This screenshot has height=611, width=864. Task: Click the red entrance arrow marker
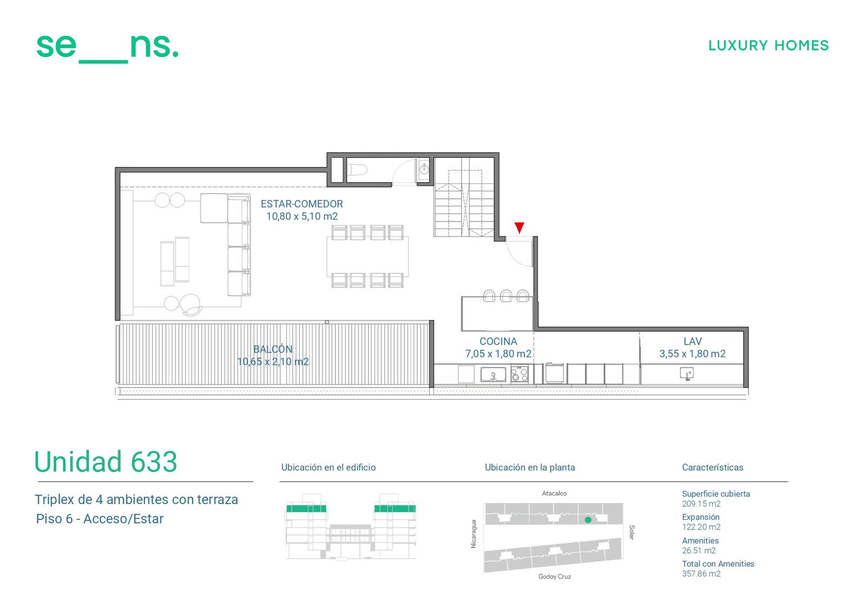coord(519,227)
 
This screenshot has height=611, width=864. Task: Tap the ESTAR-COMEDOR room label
coord(302,204)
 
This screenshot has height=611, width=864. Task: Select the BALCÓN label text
coord(273,349)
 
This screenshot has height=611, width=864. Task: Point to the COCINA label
coord(498,341)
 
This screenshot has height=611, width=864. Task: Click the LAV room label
coord(692,341)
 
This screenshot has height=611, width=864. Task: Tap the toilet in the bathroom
coord(357,170)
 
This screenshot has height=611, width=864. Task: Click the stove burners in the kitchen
coord(519,374)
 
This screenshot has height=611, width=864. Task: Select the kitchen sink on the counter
coord(493,374)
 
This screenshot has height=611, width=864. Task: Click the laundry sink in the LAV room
coord(686,374)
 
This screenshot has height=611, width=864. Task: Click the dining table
coord(367,256)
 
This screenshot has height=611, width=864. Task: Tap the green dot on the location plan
coord(588,520)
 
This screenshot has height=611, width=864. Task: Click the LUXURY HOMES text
coord(768,45)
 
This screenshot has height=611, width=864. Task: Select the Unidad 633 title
coord(106,461)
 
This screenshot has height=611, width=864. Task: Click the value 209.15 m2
coord(701,503)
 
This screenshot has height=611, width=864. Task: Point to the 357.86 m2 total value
coord(701,574)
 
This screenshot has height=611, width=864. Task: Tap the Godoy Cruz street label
coord(554,576)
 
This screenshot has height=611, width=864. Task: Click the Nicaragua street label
coord(474,534)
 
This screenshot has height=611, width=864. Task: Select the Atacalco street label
coord(554,493)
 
